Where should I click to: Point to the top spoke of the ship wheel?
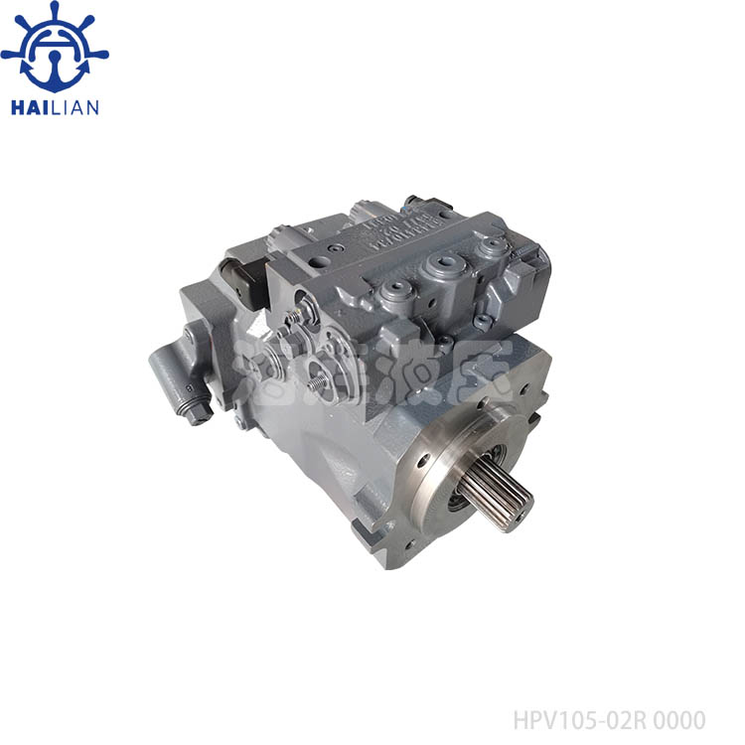55,10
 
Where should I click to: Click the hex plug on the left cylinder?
196,413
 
